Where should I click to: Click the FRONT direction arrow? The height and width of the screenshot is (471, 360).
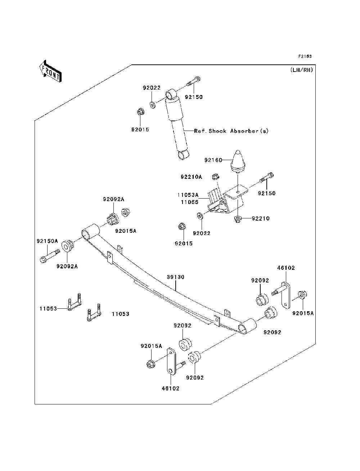click(51, 71)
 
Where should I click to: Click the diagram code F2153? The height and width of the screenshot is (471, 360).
click(305, 56)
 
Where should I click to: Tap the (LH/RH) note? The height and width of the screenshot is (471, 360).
click(302, 70)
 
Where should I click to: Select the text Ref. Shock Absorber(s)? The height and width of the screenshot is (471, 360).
click(231, 131)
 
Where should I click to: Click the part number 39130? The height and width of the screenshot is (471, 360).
click(176, 277)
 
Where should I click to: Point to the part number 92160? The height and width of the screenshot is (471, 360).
click(213, 160)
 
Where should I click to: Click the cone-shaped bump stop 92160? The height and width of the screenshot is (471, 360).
click(238, 162)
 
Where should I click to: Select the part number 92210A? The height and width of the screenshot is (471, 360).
click(191, 177)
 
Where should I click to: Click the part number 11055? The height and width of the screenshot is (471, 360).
click(190, 202)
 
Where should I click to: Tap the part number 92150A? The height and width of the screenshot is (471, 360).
click(47, 241)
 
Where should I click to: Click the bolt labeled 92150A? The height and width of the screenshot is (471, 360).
click(50, 256)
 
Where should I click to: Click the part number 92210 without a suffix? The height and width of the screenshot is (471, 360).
click(261, 218)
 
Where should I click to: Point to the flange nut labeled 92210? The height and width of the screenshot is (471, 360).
click(238, 219)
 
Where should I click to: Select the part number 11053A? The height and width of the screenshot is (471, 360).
click(188, 195)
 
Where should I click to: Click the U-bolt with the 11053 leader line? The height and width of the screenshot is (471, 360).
click(75, 302)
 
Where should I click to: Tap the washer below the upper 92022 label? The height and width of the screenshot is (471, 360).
click(153, 105)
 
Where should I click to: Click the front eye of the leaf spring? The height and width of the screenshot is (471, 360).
click(90, 231)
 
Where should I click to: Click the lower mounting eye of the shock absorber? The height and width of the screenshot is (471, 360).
click(183, 154)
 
